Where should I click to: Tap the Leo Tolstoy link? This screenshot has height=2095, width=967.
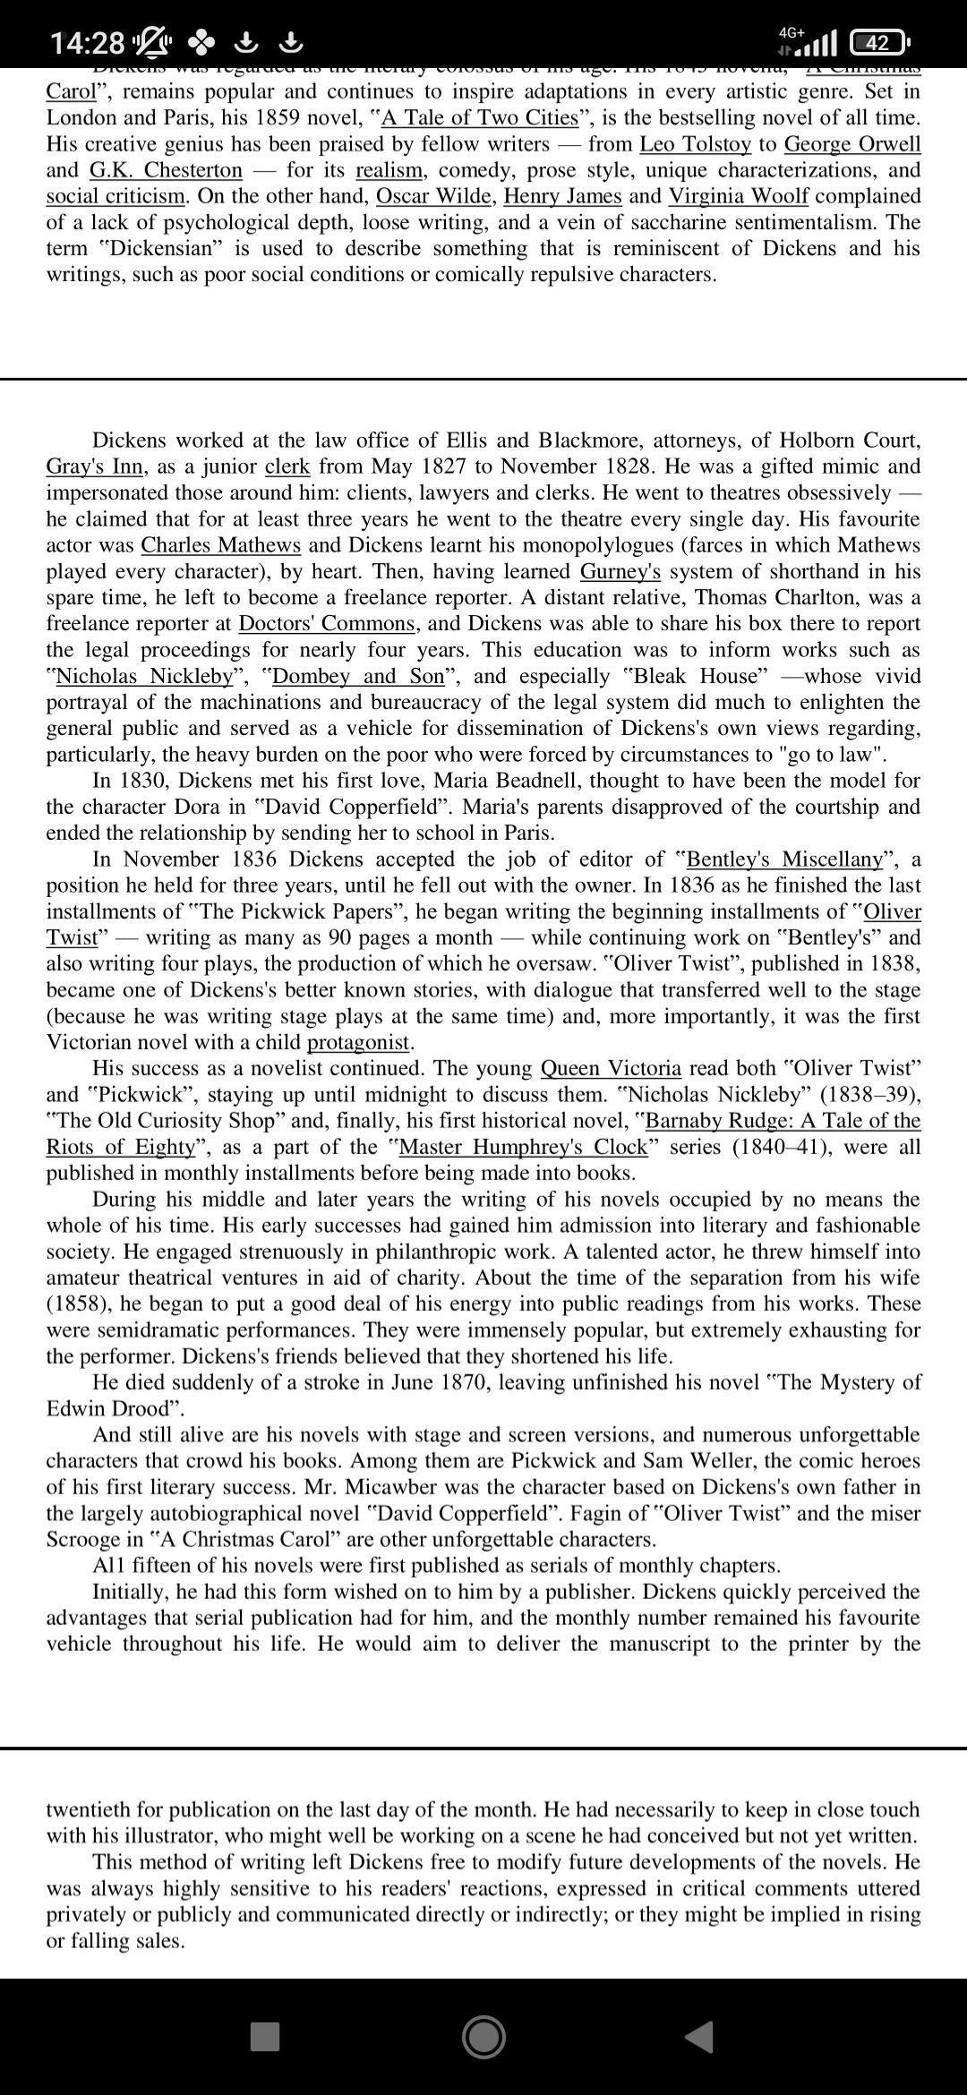(x=695, y=144)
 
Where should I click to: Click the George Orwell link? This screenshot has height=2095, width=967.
(x=851, y=144)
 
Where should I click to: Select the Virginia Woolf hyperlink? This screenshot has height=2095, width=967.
(x=739, y=196)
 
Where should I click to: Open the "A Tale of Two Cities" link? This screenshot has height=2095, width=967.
(x=480, y=118)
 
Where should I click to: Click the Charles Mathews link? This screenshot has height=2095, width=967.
(x=220, y=545)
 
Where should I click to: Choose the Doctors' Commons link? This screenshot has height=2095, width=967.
(x=327, y=624)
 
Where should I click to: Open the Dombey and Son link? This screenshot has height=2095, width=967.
(x=357, y=676)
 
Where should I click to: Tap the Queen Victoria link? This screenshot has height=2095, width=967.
(x=611, y=1068)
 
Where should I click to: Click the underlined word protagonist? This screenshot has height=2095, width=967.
(x=358, y=1042)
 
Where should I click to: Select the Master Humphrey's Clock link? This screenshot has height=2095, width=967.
(x=523, y=1147)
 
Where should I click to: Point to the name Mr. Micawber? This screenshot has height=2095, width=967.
(x=364, y=1487)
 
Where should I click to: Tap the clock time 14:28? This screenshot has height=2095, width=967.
(x=87, y=42)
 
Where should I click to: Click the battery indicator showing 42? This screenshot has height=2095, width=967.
(x=877, y=42)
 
